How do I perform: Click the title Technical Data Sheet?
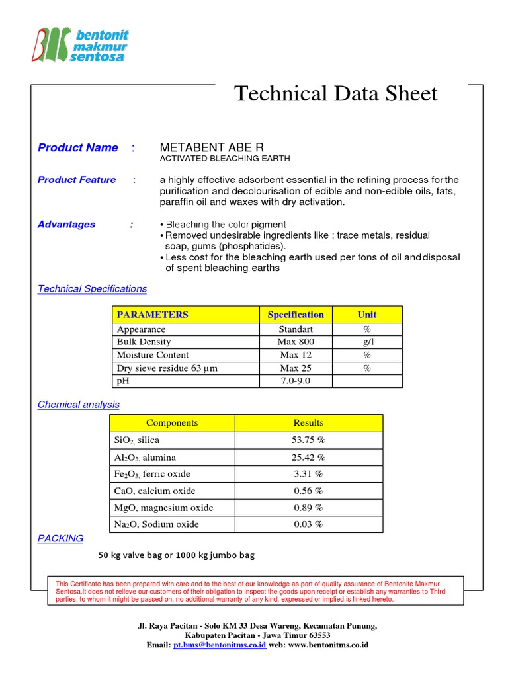coord(336,94)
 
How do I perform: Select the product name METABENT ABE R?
coord(212,147)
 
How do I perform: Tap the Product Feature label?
coord(77,180)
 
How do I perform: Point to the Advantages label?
coord(66,225)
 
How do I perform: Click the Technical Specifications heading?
coord(92,289)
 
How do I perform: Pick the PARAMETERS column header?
coord(152,315)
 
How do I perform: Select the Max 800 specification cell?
coord(296,342)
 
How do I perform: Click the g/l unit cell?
coord(366,342)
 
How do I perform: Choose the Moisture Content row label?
coord(153,355)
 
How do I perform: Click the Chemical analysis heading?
coord(79,405)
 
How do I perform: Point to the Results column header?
coord(308,423)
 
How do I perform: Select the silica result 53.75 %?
coord(308,440)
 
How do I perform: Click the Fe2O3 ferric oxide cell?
coord(152,474)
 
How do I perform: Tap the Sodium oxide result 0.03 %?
coord(308,524)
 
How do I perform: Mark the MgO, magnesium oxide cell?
coord(164,508)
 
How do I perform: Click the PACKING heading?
coord(60,539)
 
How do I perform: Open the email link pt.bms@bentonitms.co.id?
coord(220,645)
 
